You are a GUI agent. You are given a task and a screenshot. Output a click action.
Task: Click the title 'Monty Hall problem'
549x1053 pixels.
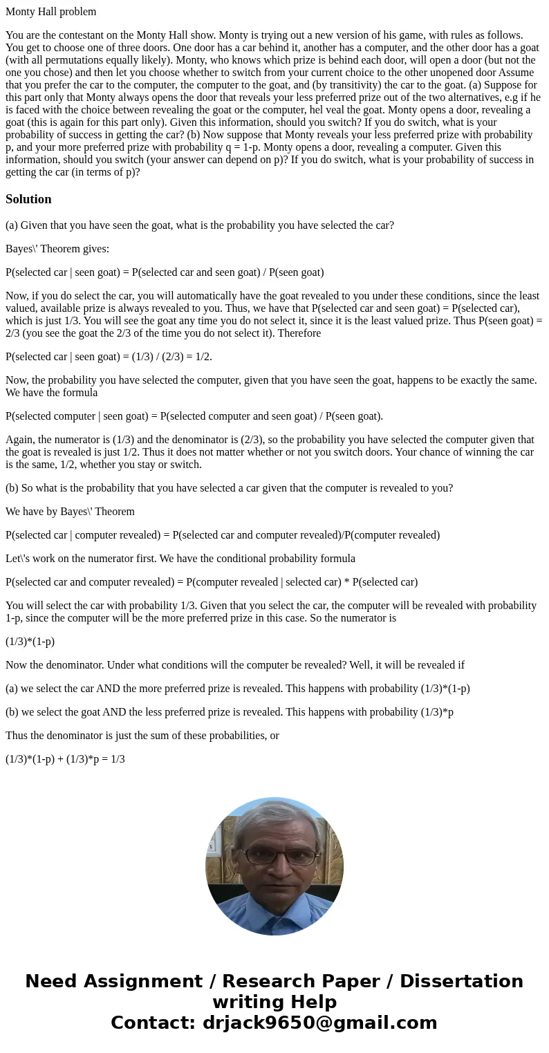point(50,12)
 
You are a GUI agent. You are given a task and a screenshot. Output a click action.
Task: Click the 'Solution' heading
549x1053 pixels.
point(28,199)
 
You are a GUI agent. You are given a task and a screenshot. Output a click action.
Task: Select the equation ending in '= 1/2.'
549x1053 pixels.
point(109,357)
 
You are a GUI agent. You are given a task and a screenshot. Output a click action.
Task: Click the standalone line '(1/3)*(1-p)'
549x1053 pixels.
point(30,642)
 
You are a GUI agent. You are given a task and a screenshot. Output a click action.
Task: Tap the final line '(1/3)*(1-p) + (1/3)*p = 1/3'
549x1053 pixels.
point(65,759)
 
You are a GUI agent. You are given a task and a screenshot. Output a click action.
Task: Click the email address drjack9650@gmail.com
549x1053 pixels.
point(319,1023)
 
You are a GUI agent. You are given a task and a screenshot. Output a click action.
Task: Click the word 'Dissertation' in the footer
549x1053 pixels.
point(461,982)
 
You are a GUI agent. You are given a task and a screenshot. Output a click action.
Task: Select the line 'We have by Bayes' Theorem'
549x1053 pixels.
point(70,512)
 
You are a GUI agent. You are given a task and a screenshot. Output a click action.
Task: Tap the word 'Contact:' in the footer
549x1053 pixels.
point(153,1023)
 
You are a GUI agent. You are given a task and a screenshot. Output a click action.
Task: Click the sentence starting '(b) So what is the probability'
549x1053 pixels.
point(229,488)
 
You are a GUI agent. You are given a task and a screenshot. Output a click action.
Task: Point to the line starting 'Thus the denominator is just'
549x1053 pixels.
point(142,736)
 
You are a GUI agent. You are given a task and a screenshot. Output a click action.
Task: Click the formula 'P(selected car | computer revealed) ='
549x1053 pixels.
point(222,535)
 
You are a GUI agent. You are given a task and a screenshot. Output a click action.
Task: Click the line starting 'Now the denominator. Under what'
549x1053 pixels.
point(234,665)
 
